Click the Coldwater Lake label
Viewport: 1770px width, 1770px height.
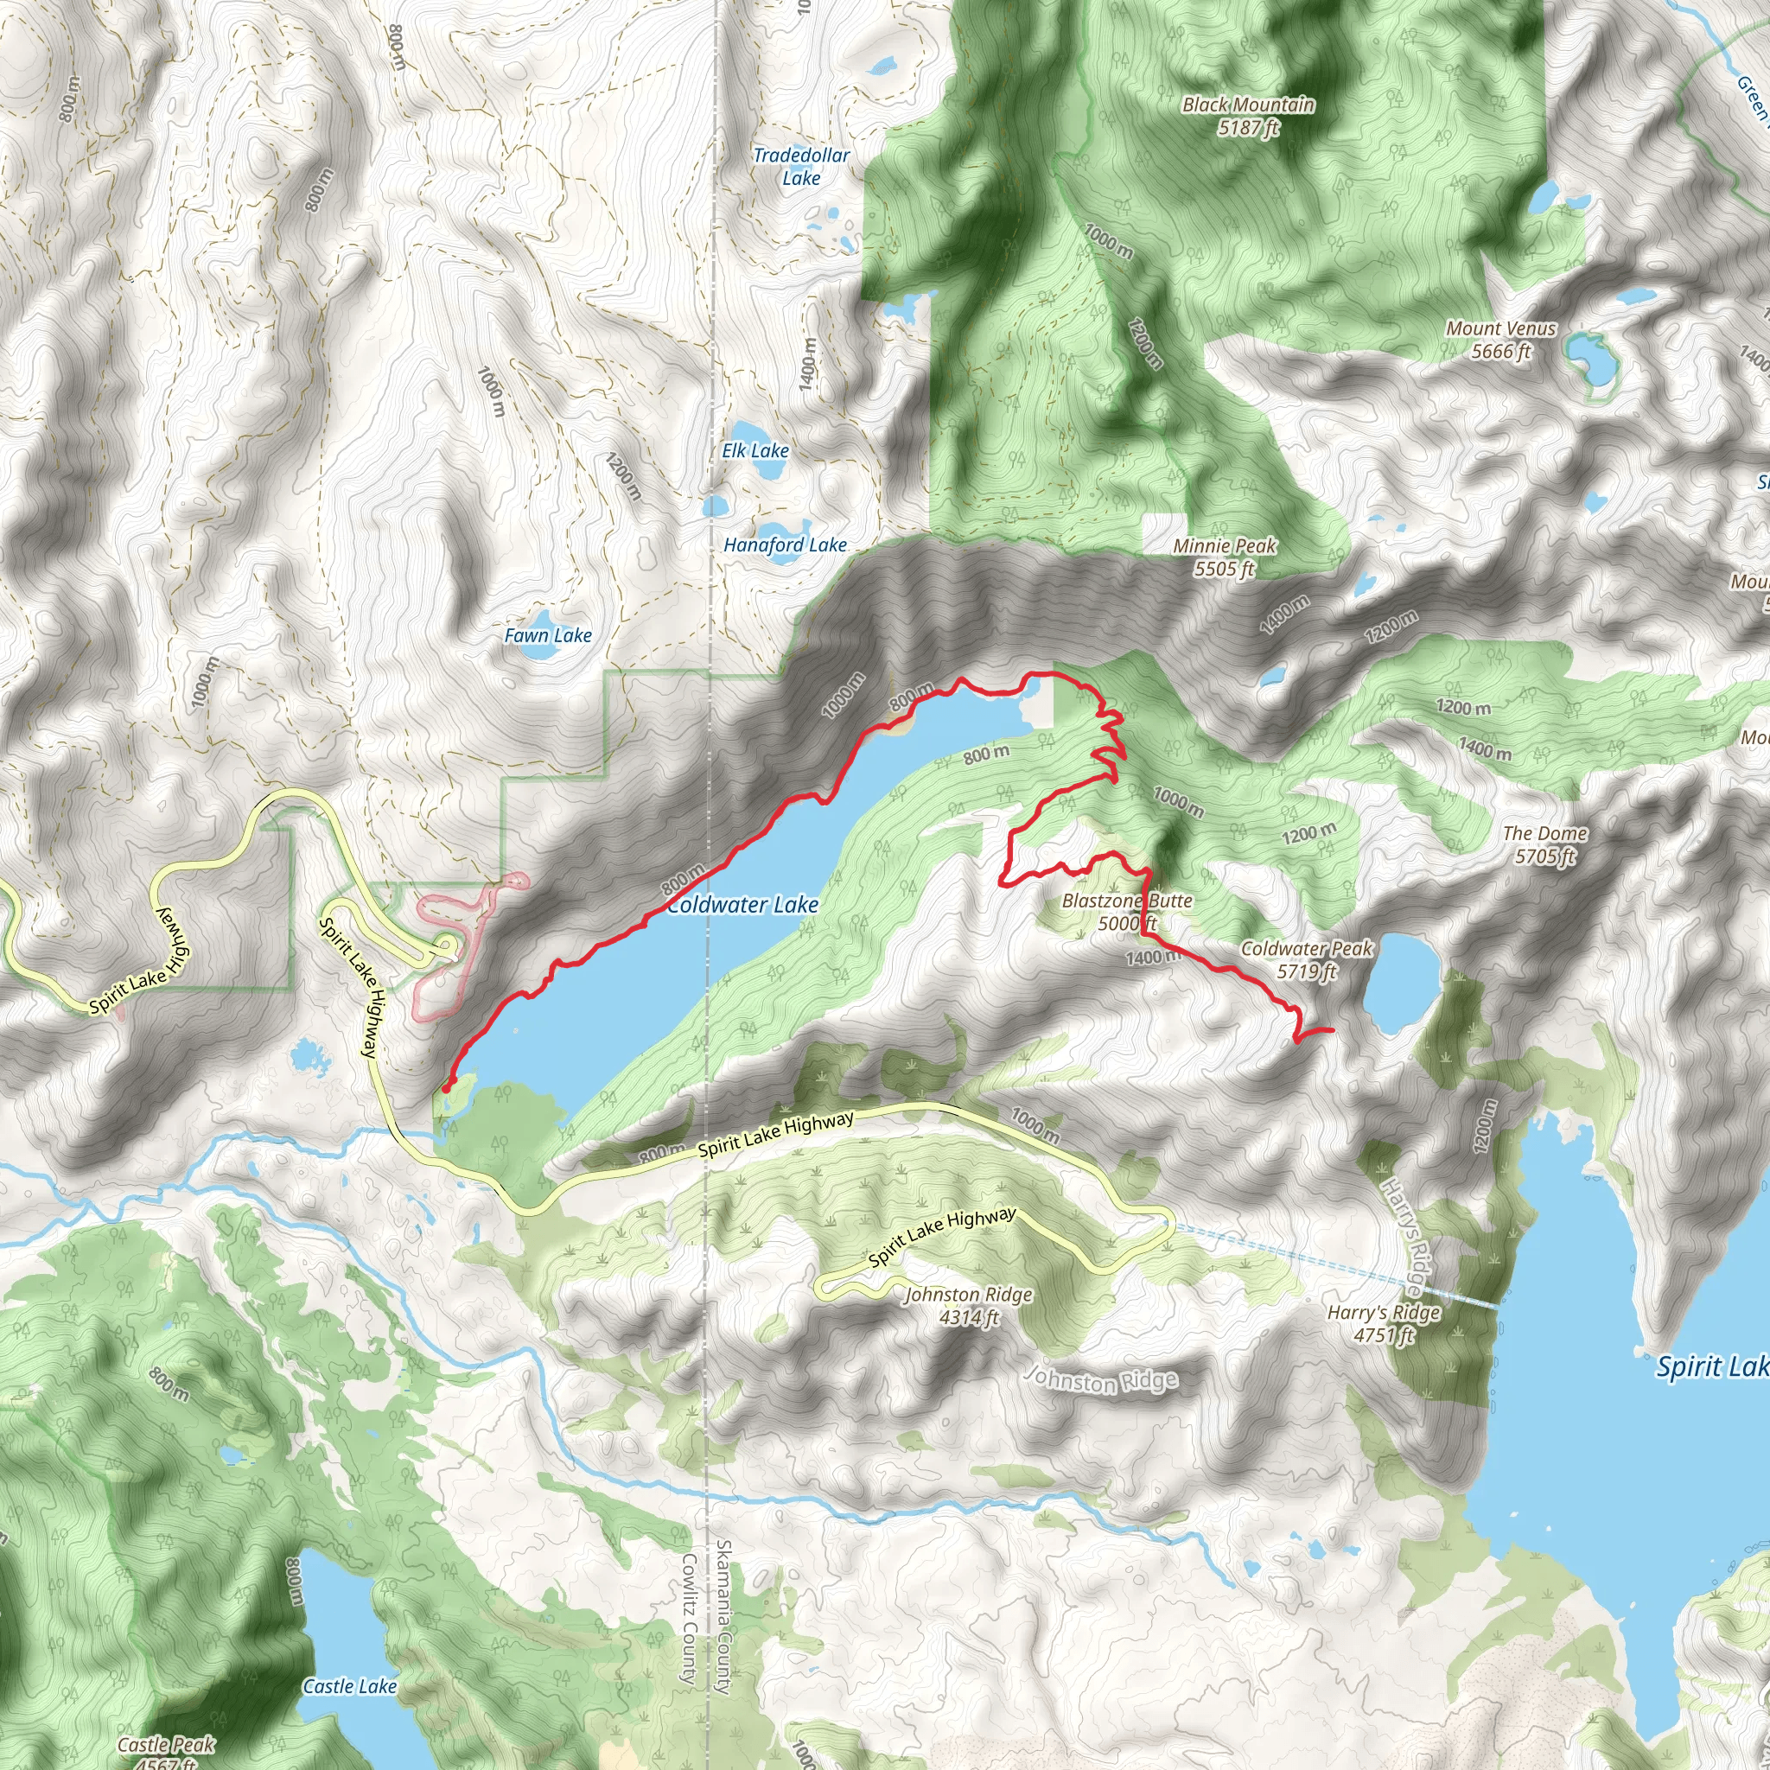(742, 905)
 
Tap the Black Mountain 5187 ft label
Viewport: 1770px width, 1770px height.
(1248, 117)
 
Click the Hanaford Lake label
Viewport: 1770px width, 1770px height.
(785, 545)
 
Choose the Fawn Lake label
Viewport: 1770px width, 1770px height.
(548, 635)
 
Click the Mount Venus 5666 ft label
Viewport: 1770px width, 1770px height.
(1500, 340)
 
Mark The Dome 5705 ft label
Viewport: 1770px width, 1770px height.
(1544, 844)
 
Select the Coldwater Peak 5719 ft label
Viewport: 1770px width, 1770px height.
(1307, 959)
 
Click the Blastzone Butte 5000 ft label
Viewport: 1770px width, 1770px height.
(1127, 912)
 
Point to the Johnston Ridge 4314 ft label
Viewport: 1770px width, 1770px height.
(968, 1306)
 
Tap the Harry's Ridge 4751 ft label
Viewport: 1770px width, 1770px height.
(1385, 1324)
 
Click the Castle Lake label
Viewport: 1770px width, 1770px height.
(350, 1685)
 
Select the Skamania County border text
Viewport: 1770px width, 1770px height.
(723, 1616)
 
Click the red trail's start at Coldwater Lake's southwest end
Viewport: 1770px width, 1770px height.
(446, 1088)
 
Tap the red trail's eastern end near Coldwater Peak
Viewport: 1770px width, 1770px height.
(1331, 1032)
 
